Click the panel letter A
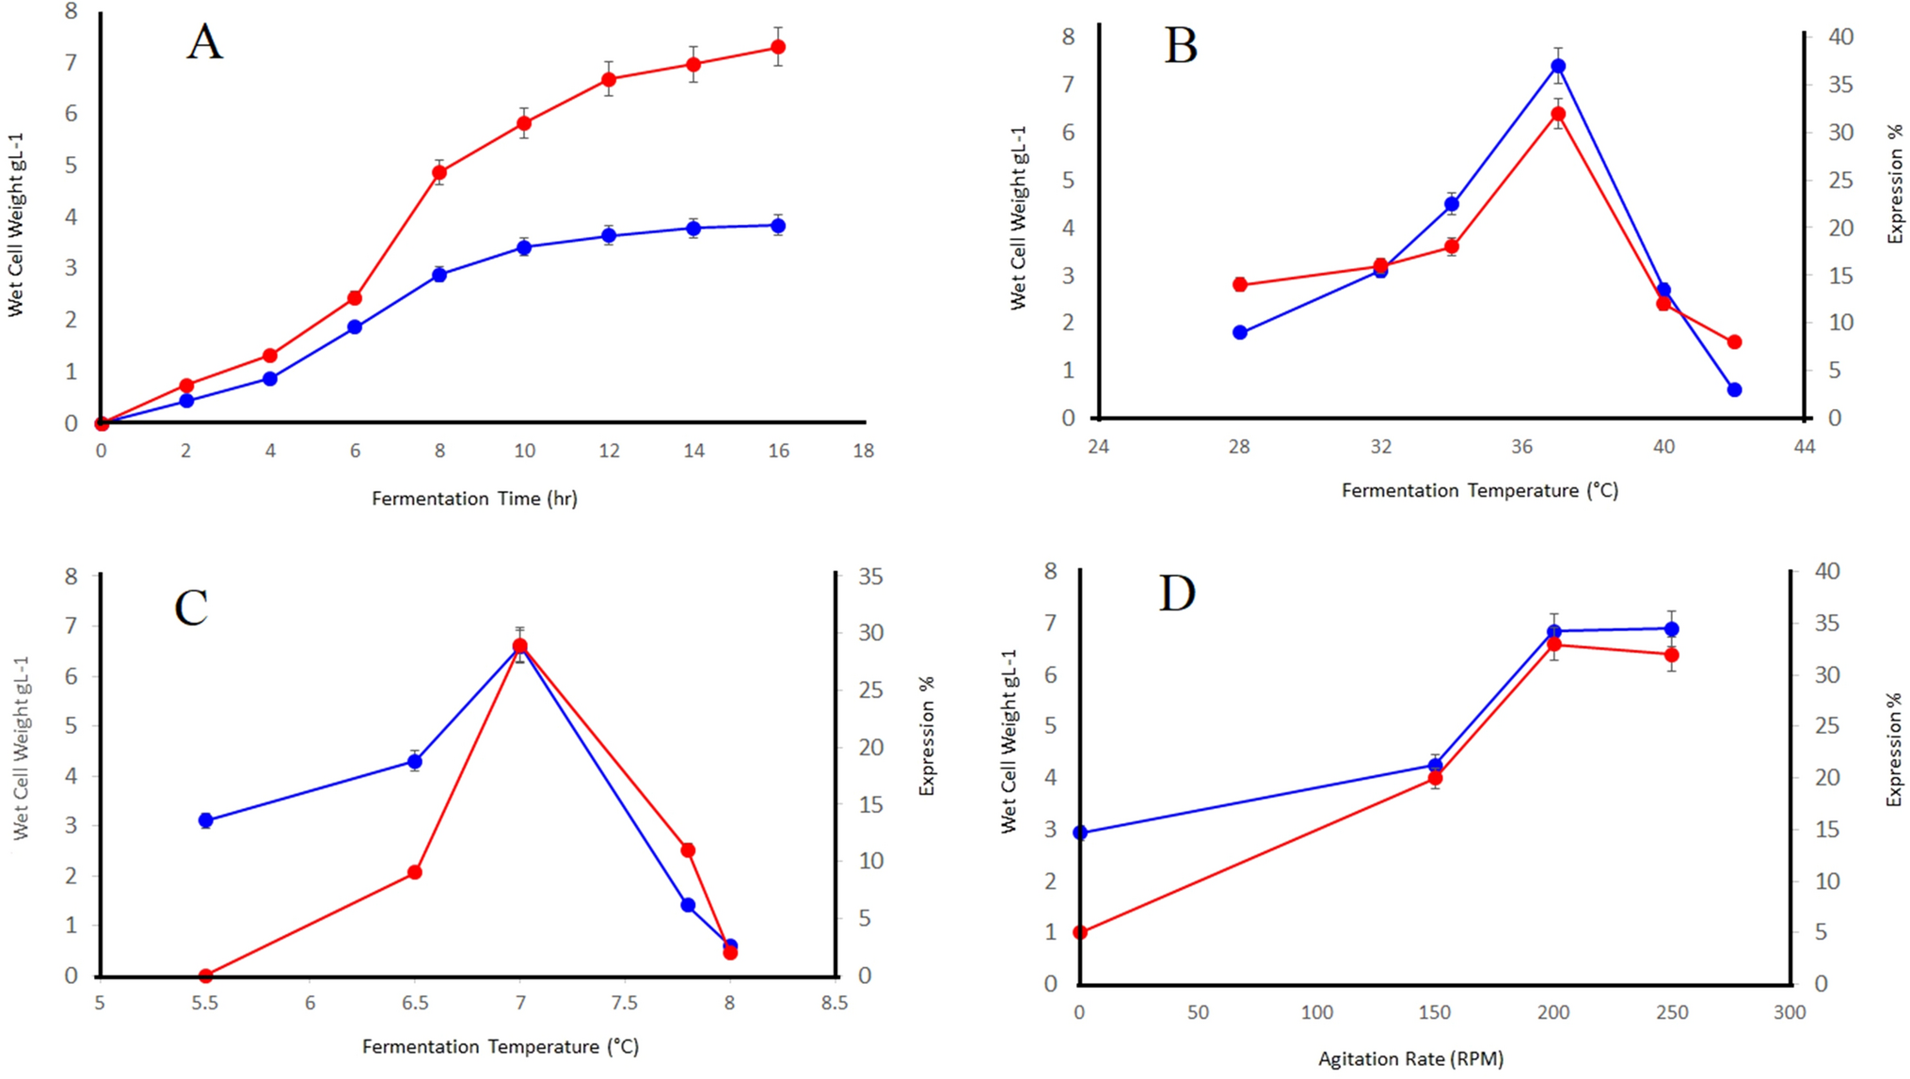click(x=205, y=43)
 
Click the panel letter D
click(x=1177, y=595)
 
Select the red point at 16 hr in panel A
click(x=778, y=47)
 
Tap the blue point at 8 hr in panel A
click(x=439, y=275)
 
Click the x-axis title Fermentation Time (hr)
click(x=474, y=499)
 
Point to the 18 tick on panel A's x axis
click(x=863, y=452)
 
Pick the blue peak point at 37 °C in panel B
click(x=1558, y=66)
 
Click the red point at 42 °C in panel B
click(x=1734, y=342)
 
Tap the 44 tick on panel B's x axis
click(x=1804, y=447)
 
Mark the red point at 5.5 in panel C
click(x=206, y=976)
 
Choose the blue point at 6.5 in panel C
click(x=415, y=761)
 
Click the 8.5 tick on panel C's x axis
click(x=834, y=1004)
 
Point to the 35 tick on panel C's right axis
click(x=870, y=576)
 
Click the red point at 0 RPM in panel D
click(x=1080, y=932)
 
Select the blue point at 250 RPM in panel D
click(x=1671, y=629)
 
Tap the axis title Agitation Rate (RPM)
click(x=1410, y=1059)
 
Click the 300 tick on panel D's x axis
click(x=1789, y=1013)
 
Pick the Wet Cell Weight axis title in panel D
click(x=1009, y=741)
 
